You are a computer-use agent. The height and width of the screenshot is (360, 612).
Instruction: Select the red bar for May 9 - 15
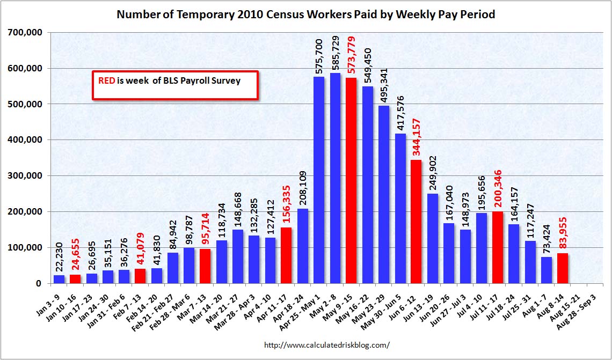click(351, 180)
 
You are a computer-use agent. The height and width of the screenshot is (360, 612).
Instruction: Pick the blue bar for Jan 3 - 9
click(59, 279)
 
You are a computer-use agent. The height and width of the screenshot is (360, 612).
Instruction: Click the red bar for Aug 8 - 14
click(563, 271)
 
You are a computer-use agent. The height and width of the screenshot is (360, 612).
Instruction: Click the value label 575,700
click(319, 56)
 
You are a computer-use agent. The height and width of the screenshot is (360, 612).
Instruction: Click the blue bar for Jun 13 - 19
click(432, 238)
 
